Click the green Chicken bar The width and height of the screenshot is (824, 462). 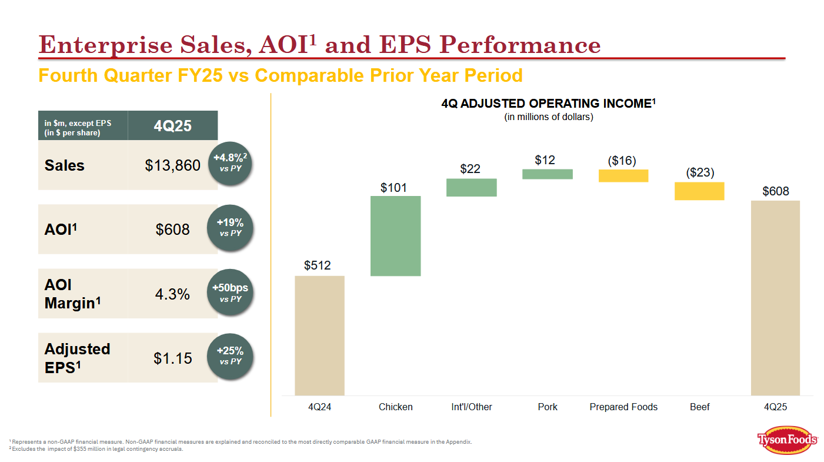[395, 235]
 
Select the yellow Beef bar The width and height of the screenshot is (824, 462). [699, 191]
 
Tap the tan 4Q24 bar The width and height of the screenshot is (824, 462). [319, 335]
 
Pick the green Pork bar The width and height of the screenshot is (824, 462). [547, 174]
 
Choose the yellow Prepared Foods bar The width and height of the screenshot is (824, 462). [623, 175]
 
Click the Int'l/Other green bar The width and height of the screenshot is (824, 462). [471, 187]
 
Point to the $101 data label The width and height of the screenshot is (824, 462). [393, 187]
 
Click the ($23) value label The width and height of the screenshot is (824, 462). [700, 172]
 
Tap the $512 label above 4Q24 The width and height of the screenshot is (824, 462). [317, 265]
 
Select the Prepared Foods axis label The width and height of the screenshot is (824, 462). [623, 407]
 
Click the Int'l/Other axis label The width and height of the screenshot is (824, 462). [468, 407]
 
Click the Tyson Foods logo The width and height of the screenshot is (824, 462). [787, 440]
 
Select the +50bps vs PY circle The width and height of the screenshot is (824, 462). [230, 293]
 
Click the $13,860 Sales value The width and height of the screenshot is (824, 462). [172, 165]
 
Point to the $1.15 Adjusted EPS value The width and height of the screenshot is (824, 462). [172, 357]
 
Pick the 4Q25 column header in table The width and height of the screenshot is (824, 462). [172, 125]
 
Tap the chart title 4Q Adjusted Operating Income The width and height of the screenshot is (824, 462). [548, 104]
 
